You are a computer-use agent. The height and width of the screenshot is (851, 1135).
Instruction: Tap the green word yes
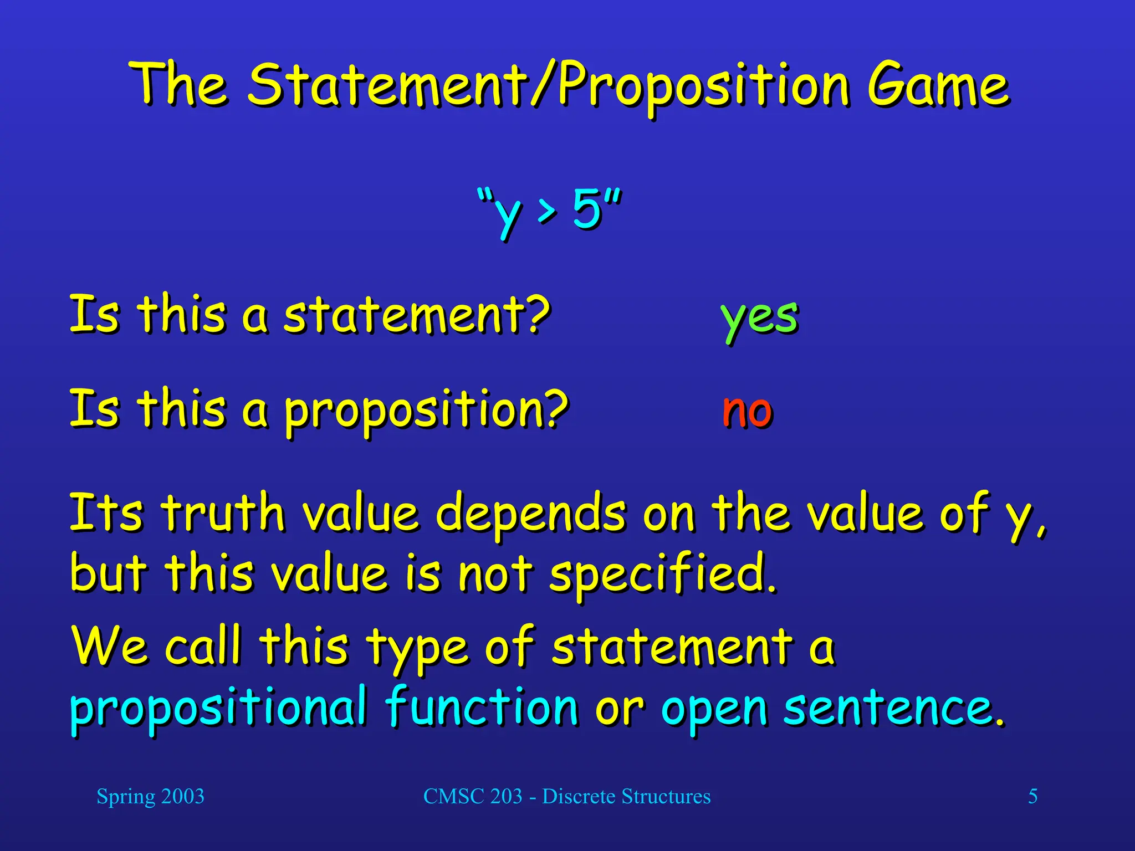pyautogui.click(x=759, y=317)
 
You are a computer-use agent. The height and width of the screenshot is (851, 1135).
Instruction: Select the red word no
pyautogui.click(x=747, y=411)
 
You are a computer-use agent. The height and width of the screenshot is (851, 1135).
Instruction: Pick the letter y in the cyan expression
pyautogui.click(x=507, y=213)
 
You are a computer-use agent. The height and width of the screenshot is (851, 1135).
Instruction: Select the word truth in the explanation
pyautogui.click(x=223, y=513)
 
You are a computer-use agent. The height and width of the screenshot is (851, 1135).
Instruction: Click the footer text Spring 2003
pyautogui.click(x=150, y=797)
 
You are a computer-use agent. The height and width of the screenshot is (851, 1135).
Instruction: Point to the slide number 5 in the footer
pyautogui.click(x=1033, y=797)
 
